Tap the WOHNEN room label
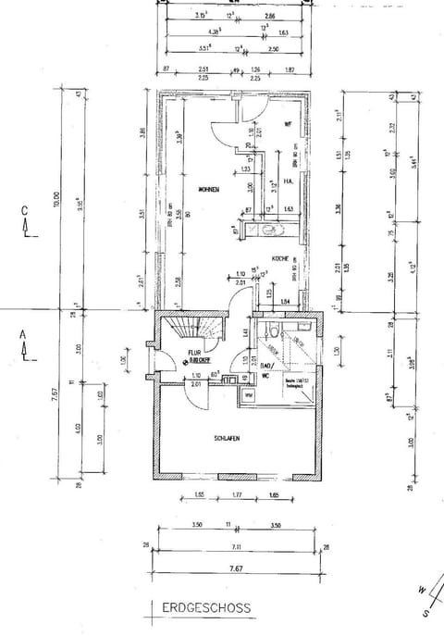click(207, 189)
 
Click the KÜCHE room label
click(281, 259)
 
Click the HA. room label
click(288, 181)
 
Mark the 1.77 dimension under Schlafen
click(237, 497)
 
